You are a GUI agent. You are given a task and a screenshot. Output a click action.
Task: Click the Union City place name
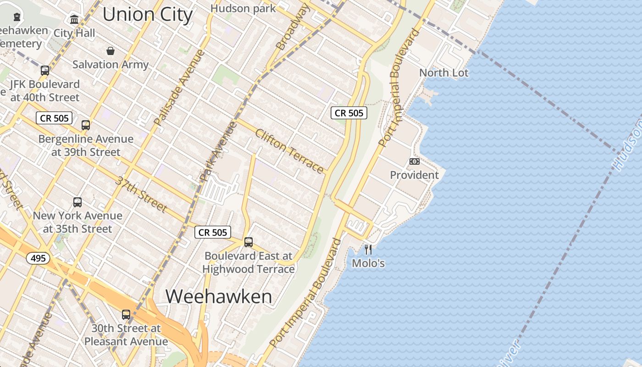pyautogui.click(x=147, y=14)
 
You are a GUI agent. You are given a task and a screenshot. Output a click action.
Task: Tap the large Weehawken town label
pyautogui.click(x=219, y=296)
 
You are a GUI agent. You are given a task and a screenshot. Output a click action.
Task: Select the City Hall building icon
pyautogui.click(x=74, y=20)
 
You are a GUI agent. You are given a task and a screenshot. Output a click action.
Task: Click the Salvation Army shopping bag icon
pyautogui.click(x=110, y=50)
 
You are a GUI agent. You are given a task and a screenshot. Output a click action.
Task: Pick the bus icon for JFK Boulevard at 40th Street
pyautogui.click(x=45, y=71)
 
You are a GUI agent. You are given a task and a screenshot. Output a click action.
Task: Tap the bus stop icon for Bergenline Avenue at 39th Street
pyautogui.click(x=86, y=125)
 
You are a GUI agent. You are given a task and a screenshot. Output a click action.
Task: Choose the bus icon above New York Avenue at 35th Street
pyautogui.click(x=77, y=202)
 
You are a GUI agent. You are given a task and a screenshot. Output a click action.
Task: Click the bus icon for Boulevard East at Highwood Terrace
pyautogui.click(x=249, y=242)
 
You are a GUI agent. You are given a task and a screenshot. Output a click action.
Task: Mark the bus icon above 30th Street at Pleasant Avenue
pyautogui.click(x=126, y=315)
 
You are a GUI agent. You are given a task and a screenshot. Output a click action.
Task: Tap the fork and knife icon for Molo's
pyautogui.click(x=368, y=250)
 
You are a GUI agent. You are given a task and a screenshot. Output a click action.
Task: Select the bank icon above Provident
pyautogui.click(x=414, y=161)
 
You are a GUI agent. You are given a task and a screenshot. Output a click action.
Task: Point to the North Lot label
pyautogui.click(x=444, y=72)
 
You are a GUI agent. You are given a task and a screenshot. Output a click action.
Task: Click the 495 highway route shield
pyautogui.click(x=38, y=258)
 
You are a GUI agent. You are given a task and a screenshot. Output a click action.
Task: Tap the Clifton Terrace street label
pyautogui.click(x=289, y=151)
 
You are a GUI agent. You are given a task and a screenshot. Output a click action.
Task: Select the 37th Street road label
pyautogui.click(x=141, y=194)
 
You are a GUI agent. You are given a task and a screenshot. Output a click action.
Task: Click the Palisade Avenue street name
pyautogui.click(x=179, y=88)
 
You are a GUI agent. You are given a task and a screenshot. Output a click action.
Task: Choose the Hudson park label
pyautogui.click(x=243, y=8)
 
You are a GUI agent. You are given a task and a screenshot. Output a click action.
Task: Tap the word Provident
pyautogui.click(x=414, y=175)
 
